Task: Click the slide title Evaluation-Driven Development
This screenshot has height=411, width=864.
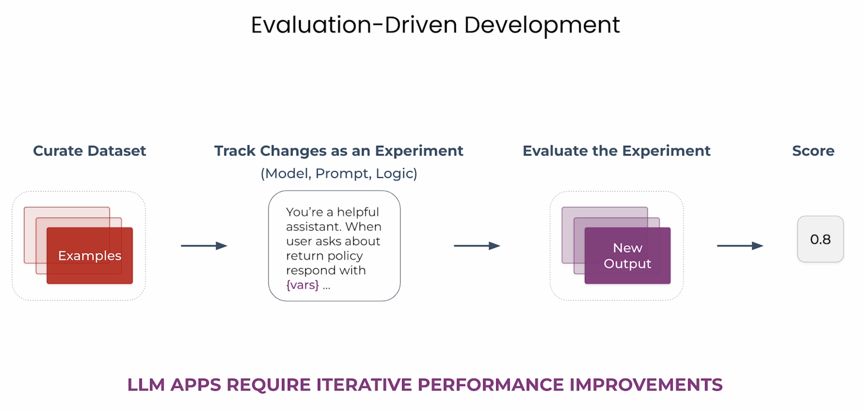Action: [435, 25]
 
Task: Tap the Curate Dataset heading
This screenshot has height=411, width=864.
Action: [89, 151]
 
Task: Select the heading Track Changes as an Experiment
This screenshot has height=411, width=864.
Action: [339, 151]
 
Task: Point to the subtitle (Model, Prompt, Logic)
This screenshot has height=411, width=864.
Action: [339, 173]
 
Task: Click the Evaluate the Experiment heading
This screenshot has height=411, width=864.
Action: [616, 151]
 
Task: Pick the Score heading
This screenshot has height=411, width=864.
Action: [813, 151]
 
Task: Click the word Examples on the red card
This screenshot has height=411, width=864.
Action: [90, 256]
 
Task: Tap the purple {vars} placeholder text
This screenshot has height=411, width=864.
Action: [302, 285]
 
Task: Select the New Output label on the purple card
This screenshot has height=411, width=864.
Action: [627, 256]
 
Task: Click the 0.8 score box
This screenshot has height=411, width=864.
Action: [820, 239]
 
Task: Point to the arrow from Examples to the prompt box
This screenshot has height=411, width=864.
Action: [204, 246]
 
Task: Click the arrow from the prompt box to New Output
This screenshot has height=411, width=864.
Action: [477, 246]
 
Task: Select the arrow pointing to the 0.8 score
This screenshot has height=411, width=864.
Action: [740, 246]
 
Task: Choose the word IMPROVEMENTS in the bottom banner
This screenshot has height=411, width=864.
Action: [646, 385]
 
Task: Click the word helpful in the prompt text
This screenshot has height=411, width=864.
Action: [358, 212]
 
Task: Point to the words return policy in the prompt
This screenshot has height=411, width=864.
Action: [324, 256]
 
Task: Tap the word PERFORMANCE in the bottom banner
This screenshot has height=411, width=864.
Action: [491, 385]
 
